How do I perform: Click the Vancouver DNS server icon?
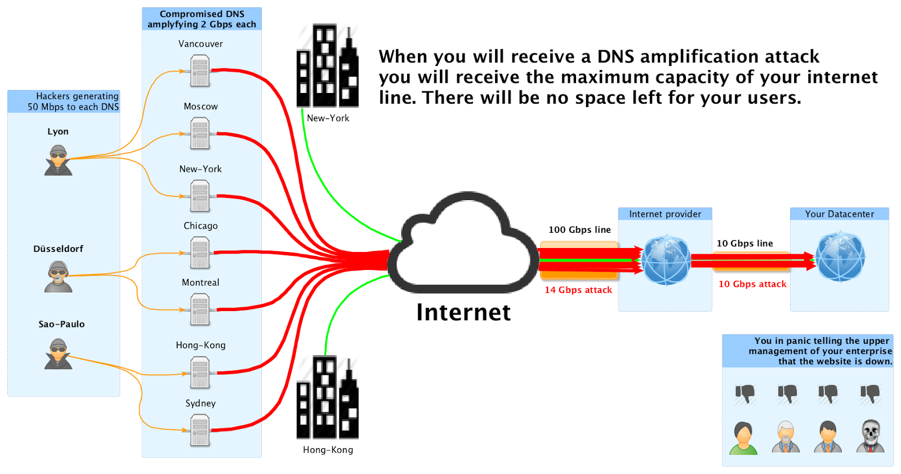(x=200, y=71)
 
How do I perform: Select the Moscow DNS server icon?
(x=200, y=134)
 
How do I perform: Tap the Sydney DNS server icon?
(x=200, y=430)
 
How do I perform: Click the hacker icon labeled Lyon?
(x=59, y=160)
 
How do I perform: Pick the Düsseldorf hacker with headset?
(x=59, y=277)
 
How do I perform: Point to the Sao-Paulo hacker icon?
(x=59, y=354)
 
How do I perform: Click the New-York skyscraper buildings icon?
(x=327, y=66)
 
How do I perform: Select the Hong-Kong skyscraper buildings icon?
(x=327, y=398)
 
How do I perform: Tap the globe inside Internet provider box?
(x=666, y=260)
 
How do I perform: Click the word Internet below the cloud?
(x=463, y=312)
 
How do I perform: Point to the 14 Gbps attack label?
(x=578, y=290)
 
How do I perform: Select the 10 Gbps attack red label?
(x=752, y=284)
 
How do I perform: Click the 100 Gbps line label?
(x=579, y=229)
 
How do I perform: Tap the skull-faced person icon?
(x=870, y=436)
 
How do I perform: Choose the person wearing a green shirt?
(x=743, y=438)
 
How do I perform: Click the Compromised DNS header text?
(x=202, y=19)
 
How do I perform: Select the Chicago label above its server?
(x=200, y=225)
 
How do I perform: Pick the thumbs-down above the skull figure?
(x=870, y=393)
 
